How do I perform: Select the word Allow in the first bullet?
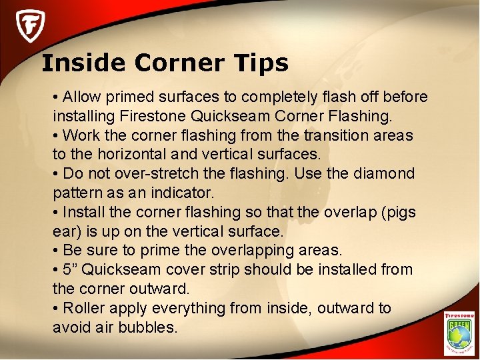(81, 97)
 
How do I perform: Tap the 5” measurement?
(71, 270)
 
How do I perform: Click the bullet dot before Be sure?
(56, 251)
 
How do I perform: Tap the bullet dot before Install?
(56, 213)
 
